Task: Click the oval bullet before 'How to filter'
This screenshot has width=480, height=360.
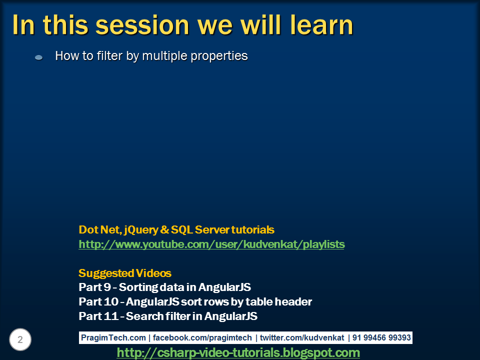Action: tap(38, 57)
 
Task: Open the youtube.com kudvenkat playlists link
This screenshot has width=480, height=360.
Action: tap(211, 244)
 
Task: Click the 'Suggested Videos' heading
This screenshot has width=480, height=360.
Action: tap(125, 273)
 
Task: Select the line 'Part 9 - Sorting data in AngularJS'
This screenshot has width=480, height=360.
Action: tap(164, 287)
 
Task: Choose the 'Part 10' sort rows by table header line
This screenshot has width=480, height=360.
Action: tap(195, 302)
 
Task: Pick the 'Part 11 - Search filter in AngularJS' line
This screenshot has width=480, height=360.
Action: tap(168, 316)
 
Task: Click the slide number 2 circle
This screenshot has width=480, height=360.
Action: tap(20, 340)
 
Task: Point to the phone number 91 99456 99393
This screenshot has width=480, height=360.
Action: tap(381, 338)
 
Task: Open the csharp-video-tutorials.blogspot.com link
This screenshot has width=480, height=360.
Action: tap(238, 353)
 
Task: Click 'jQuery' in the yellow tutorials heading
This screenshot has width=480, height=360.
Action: tap(140, 230)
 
